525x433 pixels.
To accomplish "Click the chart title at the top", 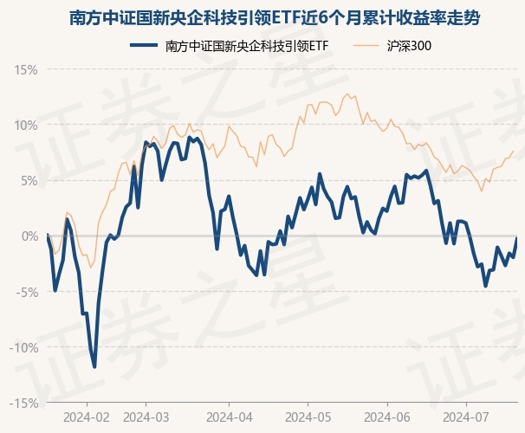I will tap(262, 17).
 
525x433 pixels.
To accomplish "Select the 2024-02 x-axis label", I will tap(87, 417).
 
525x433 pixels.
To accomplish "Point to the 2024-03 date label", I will tap(146, 417).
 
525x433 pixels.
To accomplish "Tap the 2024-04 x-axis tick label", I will tap(229, 417).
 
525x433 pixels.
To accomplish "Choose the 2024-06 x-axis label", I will tap(387, 417).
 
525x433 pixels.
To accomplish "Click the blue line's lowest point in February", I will tap(94, 367).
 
